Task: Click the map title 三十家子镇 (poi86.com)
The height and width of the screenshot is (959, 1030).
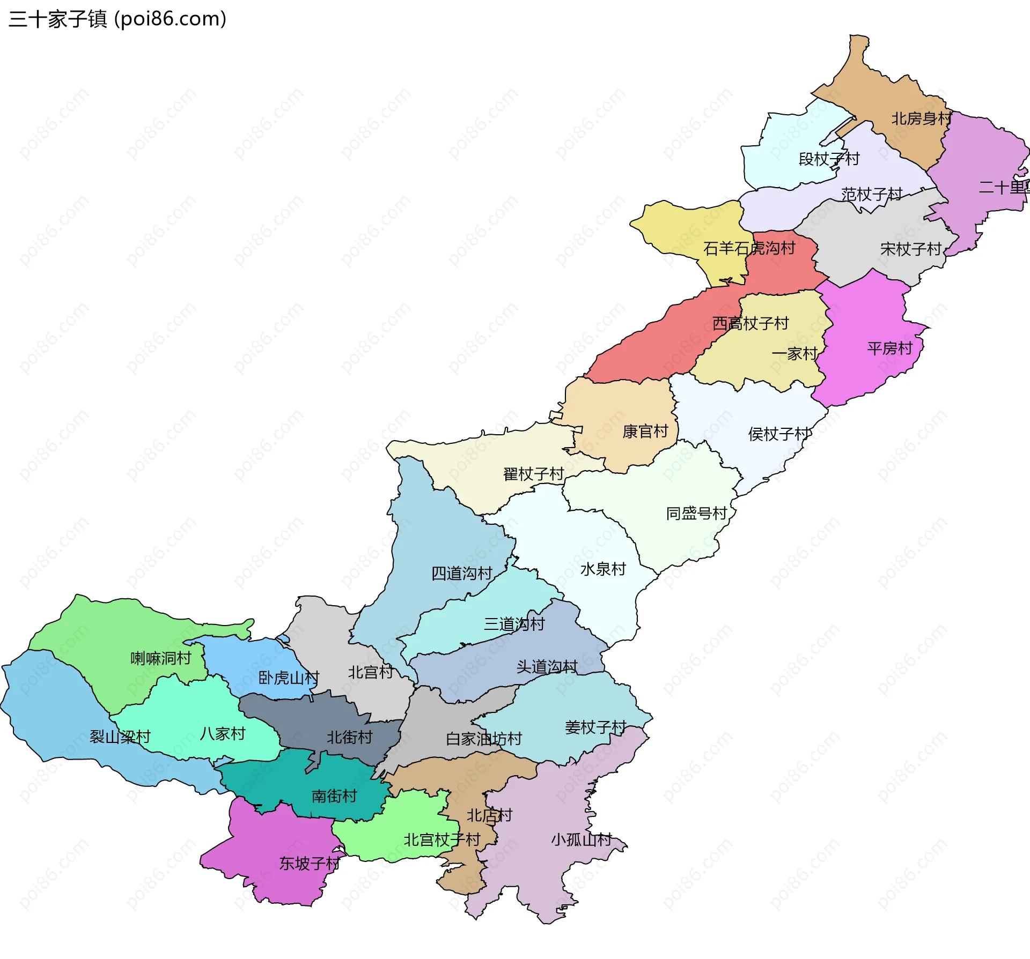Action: pyautogui.click(x=117, y=19)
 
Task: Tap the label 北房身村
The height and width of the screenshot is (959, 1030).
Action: pyautogui.click(x=921, y=118)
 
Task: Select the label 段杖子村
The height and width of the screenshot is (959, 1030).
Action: pyautogui.click(x=829, y=159)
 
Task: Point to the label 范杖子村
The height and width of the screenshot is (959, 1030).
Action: pyautogui.click(x=872, y=194)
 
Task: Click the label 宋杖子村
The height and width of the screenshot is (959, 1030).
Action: pyautogui.click(x=911, y=249)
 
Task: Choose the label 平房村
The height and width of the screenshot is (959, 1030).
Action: pyautogui.click(x=889, y=348)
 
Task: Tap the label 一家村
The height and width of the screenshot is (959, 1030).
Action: pyautogui.click(x=794, y=354)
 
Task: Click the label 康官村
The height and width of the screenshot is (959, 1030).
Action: pyautogui.click(x=645, y=432)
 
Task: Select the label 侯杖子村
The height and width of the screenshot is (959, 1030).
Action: pyautogui.click(x=779, y=434)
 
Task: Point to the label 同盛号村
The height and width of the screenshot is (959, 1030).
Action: pyautogui.click(x=696, y=514)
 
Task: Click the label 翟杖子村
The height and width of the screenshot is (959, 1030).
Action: pyautogui.click(x=533, y=474)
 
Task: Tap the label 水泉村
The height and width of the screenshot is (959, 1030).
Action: pyautogui.click(x=603, y=569)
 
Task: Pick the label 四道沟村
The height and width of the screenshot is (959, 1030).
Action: pyautogui.click(x=462, y=574)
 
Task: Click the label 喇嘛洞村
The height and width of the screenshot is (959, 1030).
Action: pyautogui.click(x=161, y=658)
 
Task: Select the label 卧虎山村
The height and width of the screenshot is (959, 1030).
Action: pyautogui.click(x=289, y=678)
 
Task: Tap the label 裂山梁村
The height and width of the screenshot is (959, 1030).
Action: pyautogui.click(x=120, y=737)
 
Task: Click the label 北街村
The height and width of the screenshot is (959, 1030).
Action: pyautogui.click(x=350, y=738)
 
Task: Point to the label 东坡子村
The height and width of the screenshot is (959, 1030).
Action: pyautogui.click(x=310, y=864)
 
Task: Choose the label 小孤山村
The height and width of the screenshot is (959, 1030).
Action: pyautogui.click(x=582, y=839)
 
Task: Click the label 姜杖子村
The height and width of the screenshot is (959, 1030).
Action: pyautogui.click(x=595, y=727)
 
